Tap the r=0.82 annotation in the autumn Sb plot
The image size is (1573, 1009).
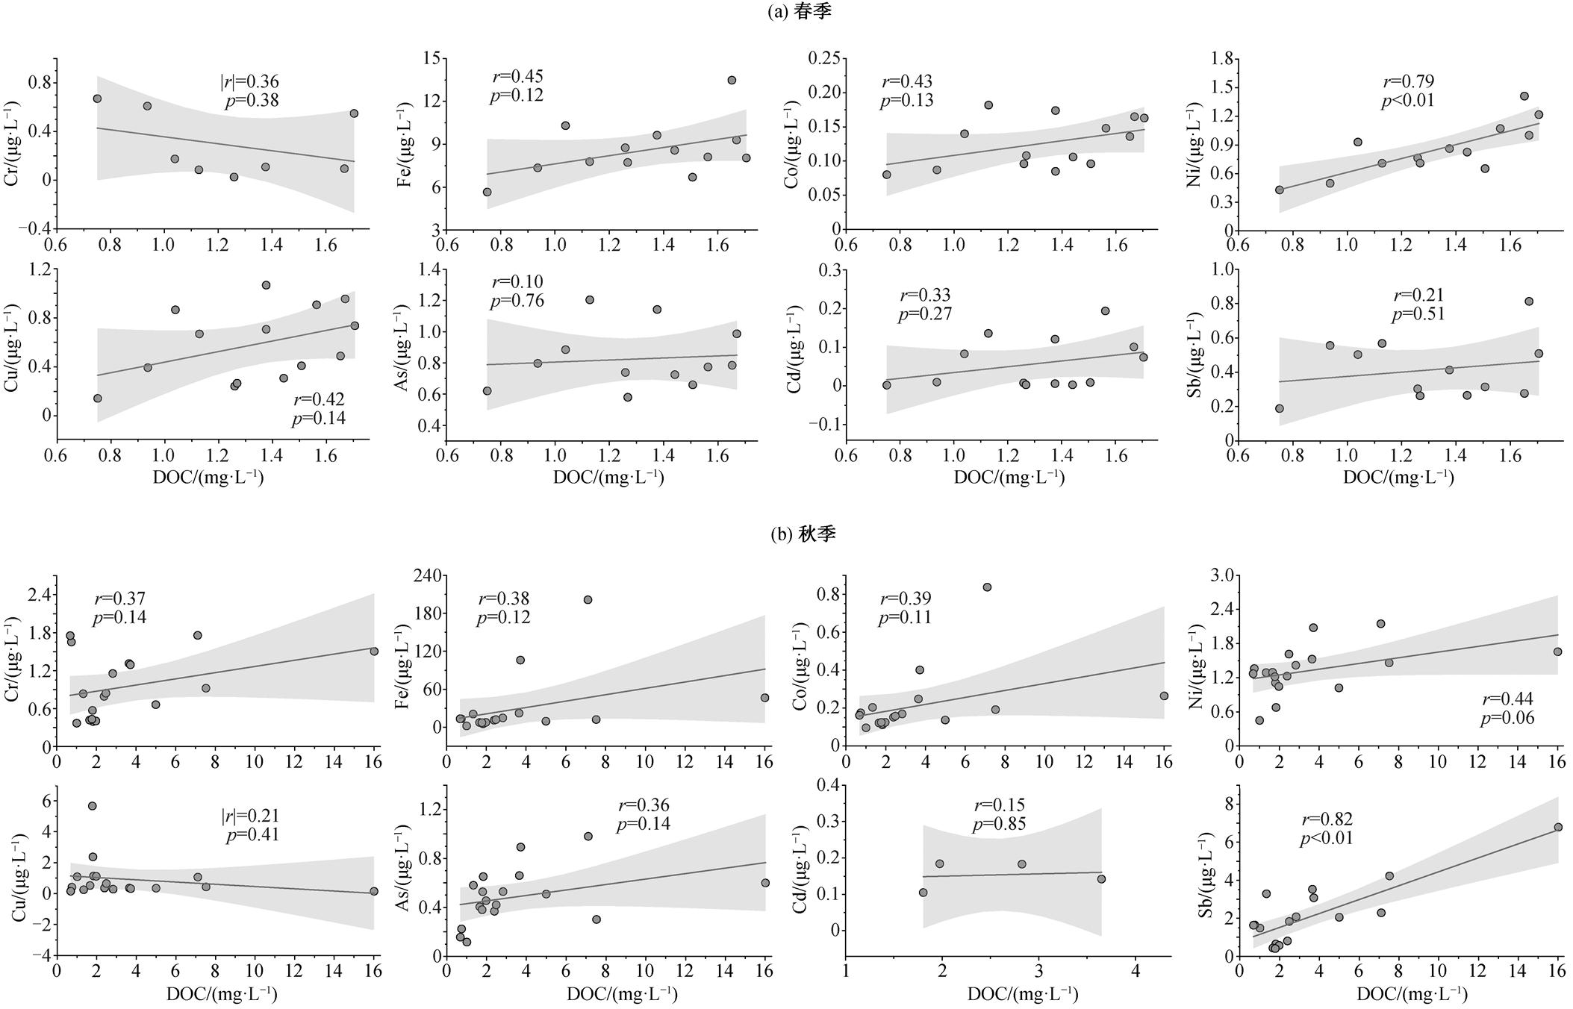(x=1326, y=819)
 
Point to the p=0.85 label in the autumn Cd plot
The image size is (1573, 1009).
(x=999, y=824)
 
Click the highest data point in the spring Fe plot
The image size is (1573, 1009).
(x=732, y=80)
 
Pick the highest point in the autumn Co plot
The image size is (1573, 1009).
(x=987, y=587)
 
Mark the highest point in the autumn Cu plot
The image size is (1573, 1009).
(x=93, y=806)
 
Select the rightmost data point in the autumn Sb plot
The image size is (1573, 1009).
(x=1557, y=827)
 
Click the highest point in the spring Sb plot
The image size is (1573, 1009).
(x=1528, y=302)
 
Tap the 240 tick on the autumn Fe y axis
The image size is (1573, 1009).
(x=426, y=575)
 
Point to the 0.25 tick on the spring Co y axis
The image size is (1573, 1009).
(x=823, y=58)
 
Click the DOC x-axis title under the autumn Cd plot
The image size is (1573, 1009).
(x=1023, y=994)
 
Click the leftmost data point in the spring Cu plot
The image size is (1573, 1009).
(x=97, y=399)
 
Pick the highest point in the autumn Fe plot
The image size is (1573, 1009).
(x=588, y=599)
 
